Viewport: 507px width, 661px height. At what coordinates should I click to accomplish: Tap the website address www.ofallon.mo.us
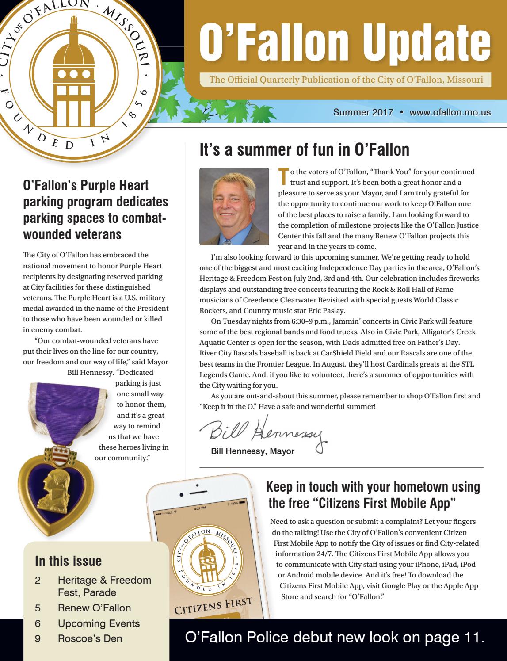[450, 112]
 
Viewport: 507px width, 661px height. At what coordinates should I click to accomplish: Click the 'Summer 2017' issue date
[363, 112]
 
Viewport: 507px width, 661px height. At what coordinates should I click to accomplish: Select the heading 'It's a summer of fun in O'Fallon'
[305, 150]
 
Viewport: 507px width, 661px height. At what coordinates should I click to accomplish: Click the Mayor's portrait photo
[234, 206]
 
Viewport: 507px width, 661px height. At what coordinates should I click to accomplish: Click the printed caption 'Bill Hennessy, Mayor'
[252, 451]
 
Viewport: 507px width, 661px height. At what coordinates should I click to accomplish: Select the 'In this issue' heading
[68, 561]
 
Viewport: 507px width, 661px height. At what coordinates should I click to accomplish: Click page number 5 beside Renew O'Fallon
[38, 608]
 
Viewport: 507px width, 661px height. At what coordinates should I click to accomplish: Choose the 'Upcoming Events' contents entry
[99, 623]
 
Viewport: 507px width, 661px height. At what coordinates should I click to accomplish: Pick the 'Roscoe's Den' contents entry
[90, 638]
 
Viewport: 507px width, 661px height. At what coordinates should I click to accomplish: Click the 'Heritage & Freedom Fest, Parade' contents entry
[104, 586]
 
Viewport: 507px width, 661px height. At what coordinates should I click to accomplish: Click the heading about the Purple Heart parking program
[95, 210]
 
